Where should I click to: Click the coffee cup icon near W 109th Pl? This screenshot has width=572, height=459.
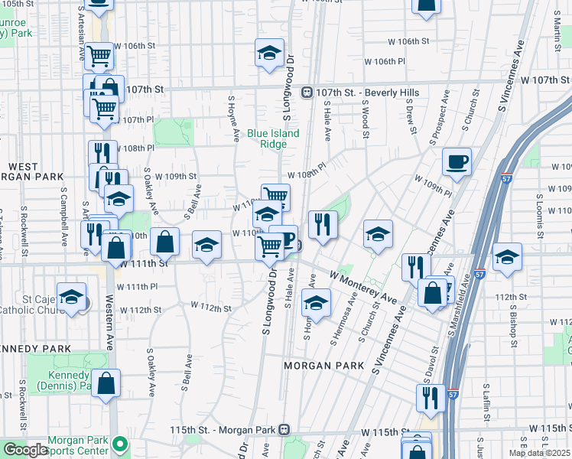457,161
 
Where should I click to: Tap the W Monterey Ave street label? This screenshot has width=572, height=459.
363,285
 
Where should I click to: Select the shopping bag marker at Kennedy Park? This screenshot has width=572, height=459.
106,384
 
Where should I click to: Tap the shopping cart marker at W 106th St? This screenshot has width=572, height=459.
99,57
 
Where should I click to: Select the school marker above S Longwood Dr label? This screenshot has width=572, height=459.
268,53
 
